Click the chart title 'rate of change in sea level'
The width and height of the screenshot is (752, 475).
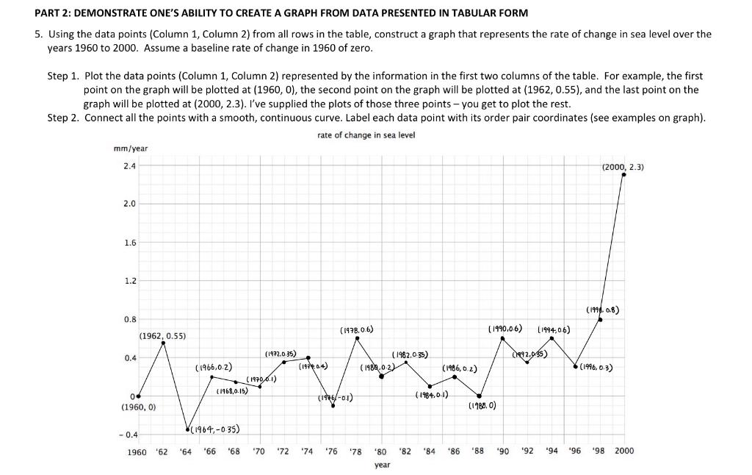tap(356, 135)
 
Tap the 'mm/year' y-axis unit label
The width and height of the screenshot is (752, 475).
tap(131, 149)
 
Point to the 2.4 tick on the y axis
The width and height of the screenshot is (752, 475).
tap(129, 166)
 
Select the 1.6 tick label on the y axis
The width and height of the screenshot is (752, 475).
tap(129, 243)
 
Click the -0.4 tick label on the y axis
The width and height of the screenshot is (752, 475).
tap(126, 435)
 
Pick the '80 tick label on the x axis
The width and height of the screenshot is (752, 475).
tap(380, 451)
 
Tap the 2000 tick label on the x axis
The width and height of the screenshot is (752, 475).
tap(623, 451)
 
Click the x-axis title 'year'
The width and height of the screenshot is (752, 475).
tap(382, 465)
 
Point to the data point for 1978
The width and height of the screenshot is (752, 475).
tap(357, 338)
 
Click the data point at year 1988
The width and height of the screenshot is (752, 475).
tap(479, 396)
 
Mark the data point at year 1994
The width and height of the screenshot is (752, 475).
tap(552, 338)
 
